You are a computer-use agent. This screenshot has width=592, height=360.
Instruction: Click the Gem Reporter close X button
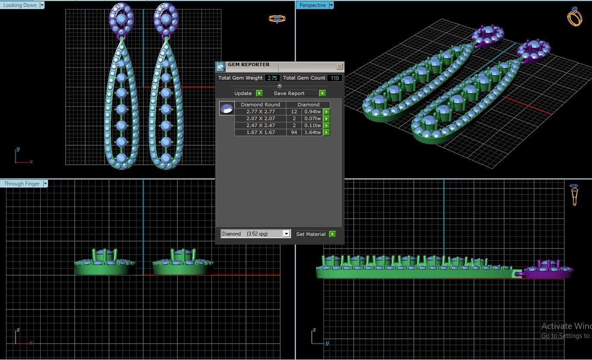(x=339, y=66)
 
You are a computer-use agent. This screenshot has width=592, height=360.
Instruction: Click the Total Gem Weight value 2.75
(x=272, y=78)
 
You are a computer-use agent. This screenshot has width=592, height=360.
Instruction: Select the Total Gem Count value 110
(x=334, y=78)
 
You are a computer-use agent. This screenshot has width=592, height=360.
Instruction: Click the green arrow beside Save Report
(x=322, y=93)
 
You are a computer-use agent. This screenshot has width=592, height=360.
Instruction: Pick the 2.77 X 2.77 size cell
(x=260, y=112)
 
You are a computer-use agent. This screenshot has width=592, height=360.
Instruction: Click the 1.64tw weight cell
(x=312, y=132)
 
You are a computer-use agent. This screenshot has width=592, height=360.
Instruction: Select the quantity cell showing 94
(x=294, y=132)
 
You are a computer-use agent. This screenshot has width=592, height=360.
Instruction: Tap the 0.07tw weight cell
(x=312, y=118)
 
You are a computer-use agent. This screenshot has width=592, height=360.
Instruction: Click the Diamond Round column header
(x=260, y=105)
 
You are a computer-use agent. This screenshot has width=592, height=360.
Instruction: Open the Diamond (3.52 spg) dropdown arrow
(x=286, y=234)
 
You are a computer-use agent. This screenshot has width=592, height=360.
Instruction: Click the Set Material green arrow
(x=332, y=234)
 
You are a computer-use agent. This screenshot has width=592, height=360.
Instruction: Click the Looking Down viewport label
(x=20, y=5)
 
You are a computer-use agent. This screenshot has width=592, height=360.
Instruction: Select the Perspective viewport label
(x=312, y=5)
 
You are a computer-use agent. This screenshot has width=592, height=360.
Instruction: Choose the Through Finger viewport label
(x=22, y=184)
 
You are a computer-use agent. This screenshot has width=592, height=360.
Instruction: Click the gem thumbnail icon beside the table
(x=227, y=108)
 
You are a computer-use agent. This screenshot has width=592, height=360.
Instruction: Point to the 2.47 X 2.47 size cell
(x=260, y=125)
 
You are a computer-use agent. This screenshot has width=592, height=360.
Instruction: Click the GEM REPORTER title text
(x=249, y=65)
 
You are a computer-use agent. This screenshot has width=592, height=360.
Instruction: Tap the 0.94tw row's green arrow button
(x=326, y=112)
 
